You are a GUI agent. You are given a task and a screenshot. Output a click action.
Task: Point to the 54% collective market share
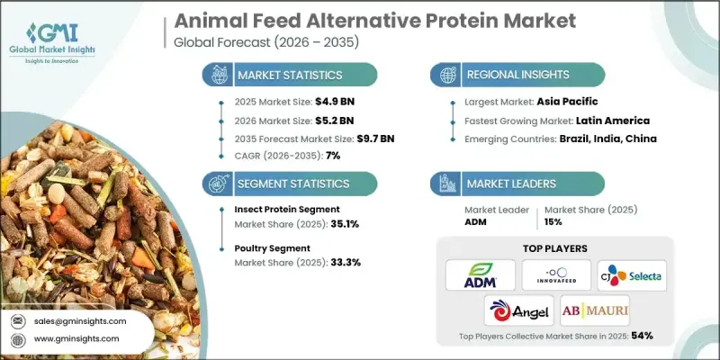642,336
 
